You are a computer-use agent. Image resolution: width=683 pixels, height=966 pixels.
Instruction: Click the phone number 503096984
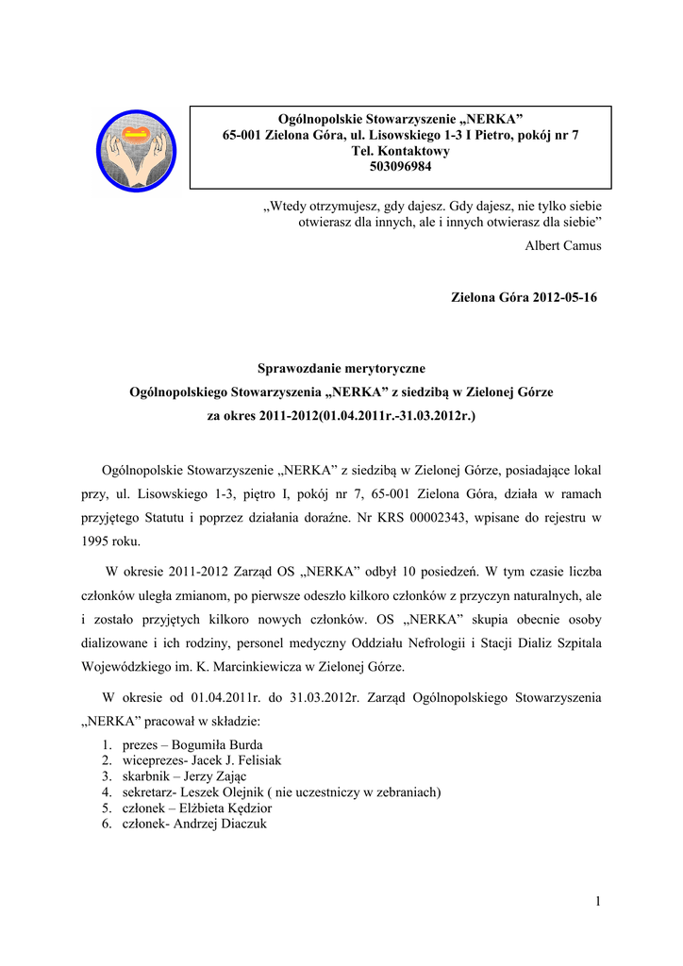pyautogui.click(x=400, y=168)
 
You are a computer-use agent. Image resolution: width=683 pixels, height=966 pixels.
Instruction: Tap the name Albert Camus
pyautogui.click(x=563, y=245)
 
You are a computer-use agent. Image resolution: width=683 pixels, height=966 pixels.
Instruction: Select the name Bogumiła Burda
pyautogui.click(x=218, y=744)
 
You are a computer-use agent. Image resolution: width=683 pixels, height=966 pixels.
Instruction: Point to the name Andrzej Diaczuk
pyautogui.click(x=222, y=824)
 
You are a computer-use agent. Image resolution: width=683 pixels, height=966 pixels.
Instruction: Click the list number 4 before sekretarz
pyautogui.click(x=107, y=792)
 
